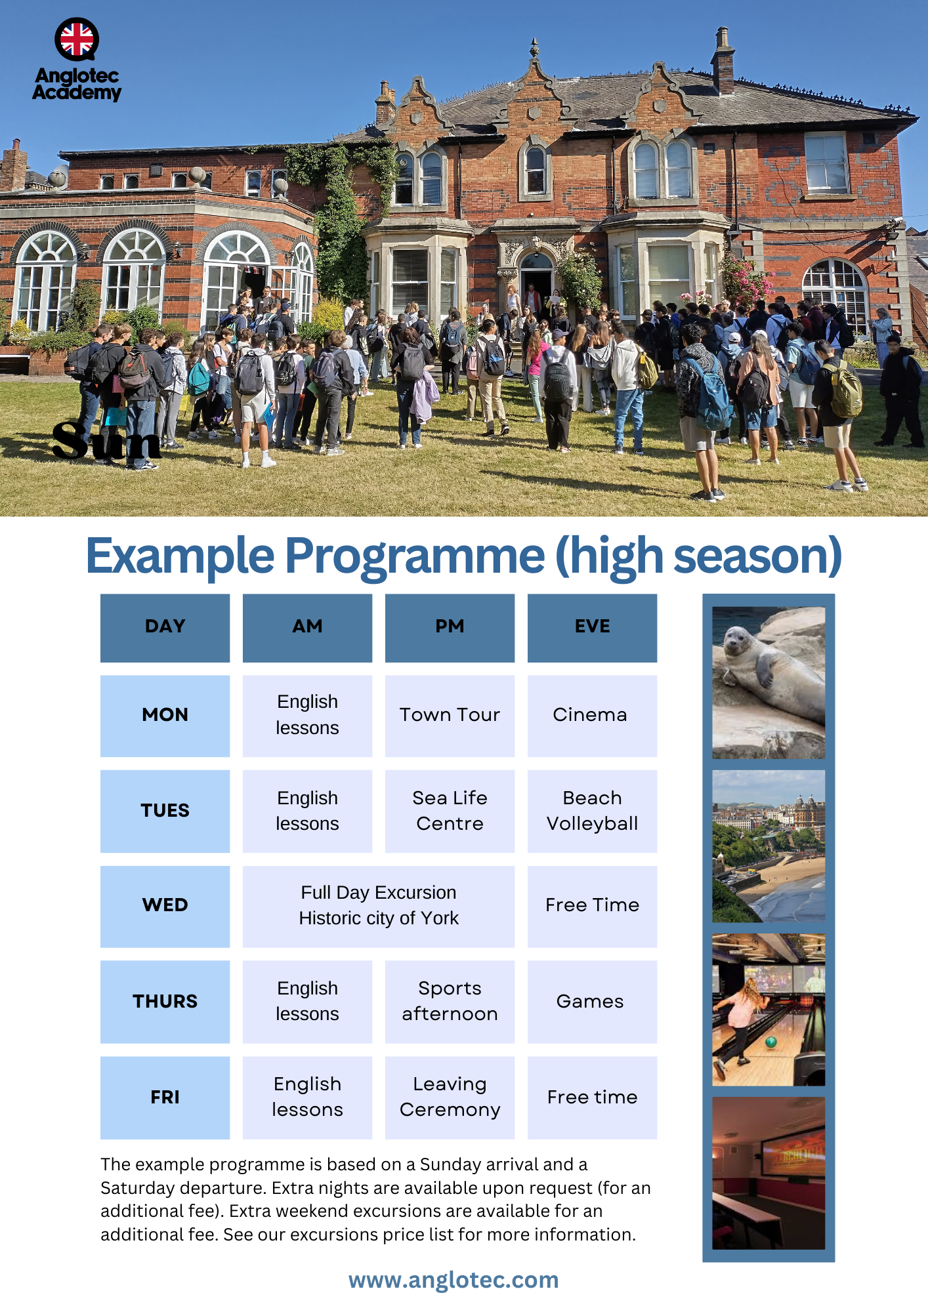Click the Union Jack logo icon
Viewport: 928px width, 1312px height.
(x=77, y=39)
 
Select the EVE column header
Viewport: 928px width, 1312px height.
(x=592, y=628)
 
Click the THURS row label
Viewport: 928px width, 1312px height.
(x=165, y=1001)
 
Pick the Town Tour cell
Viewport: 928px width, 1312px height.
(x=450, y=716)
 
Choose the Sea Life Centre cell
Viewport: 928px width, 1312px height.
(x=450, y=811)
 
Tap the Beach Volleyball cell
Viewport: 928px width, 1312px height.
(x=592, y=811)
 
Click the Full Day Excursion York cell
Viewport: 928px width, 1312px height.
(x=379, y=906)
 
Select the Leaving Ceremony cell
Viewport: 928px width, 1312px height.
(x=450, y=1097)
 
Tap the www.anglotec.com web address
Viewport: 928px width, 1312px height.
(x=453, y=1280)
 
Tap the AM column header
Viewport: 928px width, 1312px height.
(x=307, y=628)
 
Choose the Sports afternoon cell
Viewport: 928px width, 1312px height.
(x=450, y=1001)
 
